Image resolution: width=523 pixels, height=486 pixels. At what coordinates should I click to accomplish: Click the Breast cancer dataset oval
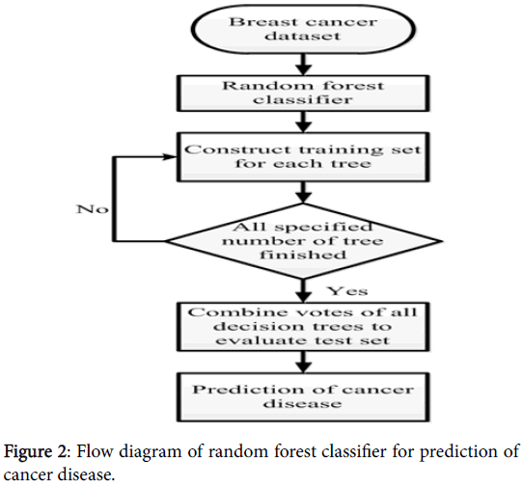[x=303, y=29]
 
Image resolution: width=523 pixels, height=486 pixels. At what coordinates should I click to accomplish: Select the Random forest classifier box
[x=303, y=93]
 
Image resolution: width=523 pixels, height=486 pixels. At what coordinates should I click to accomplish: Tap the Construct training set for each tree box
[x=303, y=157]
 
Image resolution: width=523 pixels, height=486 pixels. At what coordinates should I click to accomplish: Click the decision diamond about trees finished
[x=304, y=241]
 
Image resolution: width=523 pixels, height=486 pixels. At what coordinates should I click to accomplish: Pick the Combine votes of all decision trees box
[x=303, y=327]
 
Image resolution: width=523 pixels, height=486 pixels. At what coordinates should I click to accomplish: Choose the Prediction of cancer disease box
[x=303, y=397]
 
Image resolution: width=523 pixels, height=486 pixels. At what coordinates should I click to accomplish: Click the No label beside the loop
[x=93, y=209]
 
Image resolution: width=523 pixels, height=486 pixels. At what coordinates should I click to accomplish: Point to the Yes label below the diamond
[x=348, y=291]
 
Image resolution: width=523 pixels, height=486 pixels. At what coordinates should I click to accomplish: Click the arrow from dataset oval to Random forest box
[x=303, y=65]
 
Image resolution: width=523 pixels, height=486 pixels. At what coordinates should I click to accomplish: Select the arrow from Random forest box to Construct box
[x=303, y=122]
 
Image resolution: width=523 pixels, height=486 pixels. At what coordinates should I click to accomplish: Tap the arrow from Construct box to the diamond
[x=303, y=192]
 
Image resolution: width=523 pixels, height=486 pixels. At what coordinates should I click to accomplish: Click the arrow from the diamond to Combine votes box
[x=303, y=290]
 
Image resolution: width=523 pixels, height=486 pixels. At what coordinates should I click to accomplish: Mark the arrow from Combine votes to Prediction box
[x=303, y=362]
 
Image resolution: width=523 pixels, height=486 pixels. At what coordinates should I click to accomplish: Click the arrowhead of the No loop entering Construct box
[x=170, y=157]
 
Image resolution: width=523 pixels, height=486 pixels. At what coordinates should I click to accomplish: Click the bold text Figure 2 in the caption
[x=36, y=452]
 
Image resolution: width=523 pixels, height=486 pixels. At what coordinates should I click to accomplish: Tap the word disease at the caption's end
[x=85, y=474]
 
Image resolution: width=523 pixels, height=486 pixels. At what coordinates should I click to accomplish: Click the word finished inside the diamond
[x=303, y=255]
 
